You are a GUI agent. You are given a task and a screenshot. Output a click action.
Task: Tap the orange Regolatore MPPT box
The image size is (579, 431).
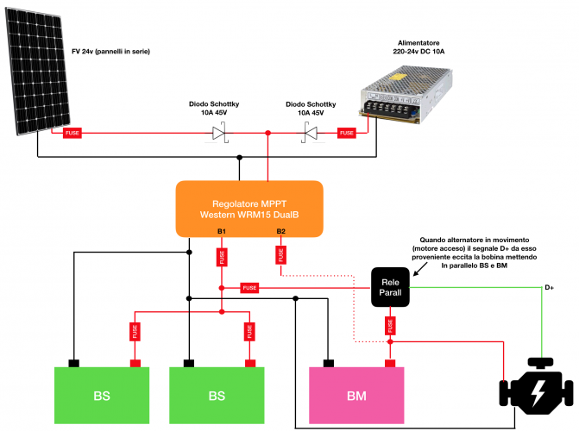[x=249, y=208]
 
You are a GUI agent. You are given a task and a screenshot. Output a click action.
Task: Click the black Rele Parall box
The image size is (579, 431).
[x=391, y=287]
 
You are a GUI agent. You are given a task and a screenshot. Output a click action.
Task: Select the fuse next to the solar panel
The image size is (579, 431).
[x=72, y=133]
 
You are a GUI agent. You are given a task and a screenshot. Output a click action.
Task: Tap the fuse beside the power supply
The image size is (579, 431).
[x=347, y=133]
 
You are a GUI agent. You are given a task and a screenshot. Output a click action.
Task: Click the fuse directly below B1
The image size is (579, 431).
[x=222, y=256]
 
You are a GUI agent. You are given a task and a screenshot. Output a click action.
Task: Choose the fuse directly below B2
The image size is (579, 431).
[x=280, y=256]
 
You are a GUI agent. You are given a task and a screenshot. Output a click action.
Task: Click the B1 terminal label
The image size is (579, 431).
[x=222, y=231]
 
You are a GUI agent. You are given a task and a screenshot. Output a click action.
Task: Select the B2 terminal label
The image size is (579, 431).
[x=280, y=231]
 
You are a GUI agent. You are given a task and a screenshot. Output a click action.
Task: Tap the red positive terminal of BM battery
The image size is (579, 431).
[x=390, y=363]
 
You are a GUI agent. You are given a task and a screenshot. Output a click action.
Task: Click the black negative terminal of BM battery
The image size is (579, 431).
[x=329, y=363]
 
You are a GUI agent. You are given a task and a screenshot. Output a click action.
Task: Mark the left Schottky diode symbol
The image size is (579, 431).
[x=219, y=133]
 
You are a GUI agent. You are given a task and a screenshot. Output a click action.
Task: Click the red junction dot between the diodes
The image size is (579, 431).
[x=268, y=133]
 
